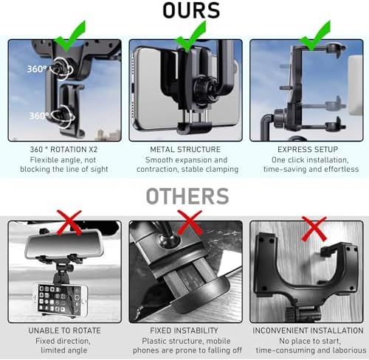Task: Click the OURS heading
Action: pyautogui.click(x=191, y=10)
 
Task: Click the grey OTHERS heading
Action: pyautogui.click(x=187, y=196)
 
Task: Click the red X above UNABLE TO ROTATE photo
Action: pyautogui.click(x=69, y=223)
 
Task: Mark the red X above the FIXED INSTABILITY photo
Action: pyautogui.click(x=190, y=223)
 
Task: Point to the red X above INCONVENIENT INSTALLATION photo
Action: pyautogui.click(x=314, y=229)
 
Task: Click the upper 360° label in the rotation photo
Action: pyautogui.click(x=37, y=69)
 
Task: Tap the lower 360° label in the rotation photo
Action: pyautogui.click(x=39, y=116)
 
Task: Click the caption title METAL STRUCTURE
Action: pyautogui.click(x=185, y=149)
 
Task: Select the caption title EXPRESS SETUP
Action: pyautogui.click(x=308, y=149)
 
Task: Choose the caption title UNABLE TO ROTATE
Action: pyautogui.click(x=64, y=330)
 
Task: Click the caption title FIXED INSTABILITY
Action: pyautogui.click(x=184, y=330)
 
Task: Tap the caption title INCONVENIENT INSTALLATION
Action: pyautogui.click(x=308, y=330)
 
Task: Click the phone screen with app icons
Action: pyautogui.click(x=60, y=300)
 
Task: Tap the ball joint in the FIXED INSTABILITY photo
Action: pyautogui.click(x=169, y=240)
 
